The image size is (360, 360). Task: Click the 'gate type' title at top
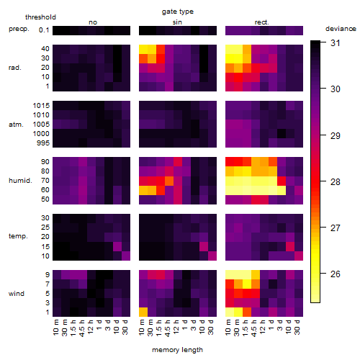click(178, 12)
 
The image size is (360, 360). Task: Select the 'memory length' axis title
click(177, 350)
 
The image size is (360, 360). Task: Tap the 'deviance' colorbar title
click(341, 29)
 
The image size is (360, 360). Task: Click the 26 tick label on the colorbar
click(336, 274)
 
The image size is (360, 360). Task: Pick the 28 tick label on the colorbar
click(336, 181)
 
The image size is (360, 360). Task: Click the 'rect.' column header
click(262, 22)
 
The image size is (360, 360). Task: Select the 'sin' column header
click(177, 22)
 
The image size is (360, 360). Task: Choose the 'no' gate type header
click(93, 22)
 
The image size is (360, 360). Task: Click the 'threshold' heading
click(40, 17)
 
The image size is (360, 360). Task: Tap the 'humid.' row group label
click(20, 181)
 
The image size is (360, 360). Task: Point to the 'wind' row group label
click(17, 294)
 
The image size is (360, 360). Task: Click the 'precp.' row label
click(19, 29)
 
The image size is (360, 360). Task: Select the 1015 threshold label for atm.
click(41, 106)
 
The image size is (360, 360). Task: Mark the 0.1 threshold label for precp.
click(44, 30)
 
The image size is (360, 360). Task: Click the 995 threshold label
click(43, 143)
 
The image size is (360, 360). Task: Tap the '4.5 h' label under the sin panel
click(168, 328)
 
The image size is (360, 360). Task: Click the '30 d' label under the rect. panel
click(297, 327)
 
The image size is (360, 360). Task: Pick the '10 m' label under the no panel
click(56, 328)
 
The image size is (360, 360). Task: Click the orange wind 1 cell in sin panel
click(143, 312)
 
